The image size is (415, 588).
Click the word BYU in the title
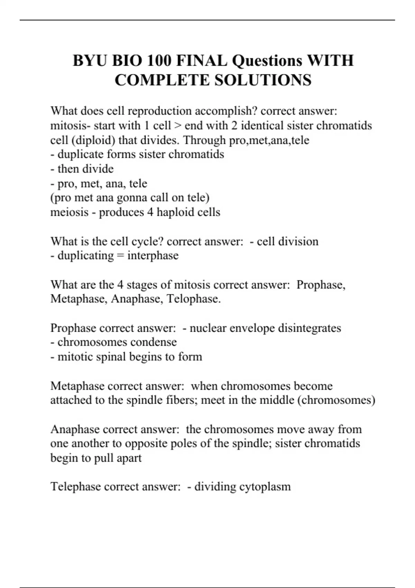pos(90,61)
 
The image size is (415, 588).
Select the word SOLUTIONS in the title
pos(263,80)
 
